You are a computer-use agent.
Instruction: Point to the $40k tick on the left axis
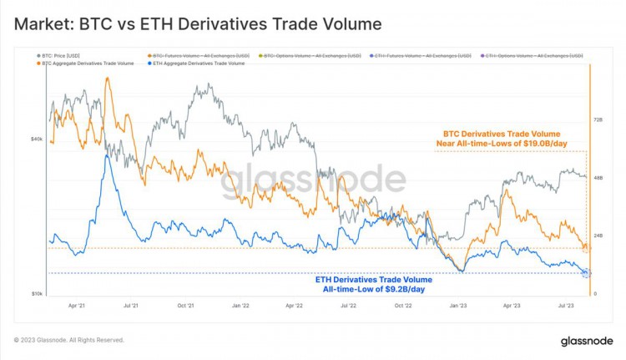tap(37, 139)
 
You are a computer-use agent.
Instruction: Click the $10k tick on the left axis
tap(37, 294)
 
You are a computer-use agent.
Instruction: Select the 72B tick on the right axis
tap(598, 120)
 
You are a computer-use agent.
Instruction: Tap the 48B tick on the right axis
tap(598, 178)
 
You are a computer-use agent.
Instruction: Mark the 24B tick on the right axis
tap(598, 236)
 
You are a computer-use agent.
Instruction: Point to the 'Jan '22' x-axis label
tap(240, 307)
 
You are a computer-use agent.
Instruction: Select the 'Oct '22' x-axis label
tap(403, 307)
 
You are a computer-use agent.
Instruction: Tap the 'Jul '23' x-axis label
tap(565, 307)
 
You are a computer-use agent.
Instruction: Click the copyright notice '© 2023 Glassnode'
tap(69, 340)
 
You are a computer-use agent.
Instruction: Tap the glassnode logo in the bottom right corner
tap(582, 340)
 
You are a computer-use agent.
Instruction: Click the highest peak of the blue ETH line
tap(106, 155)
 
